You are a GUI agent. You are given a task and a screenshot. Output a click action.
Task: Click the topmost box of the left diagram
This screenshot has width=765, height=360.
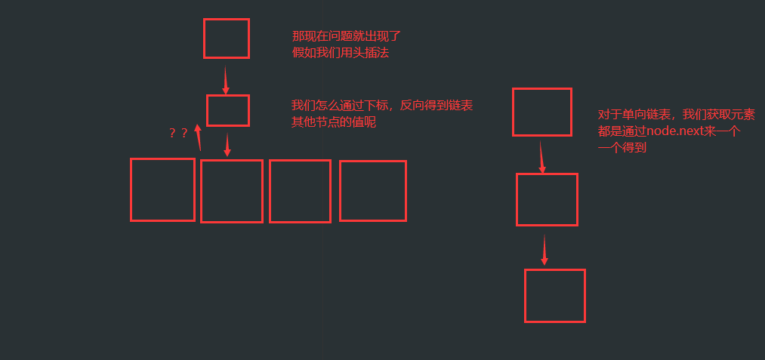pyautogui.click(x=226, y=38)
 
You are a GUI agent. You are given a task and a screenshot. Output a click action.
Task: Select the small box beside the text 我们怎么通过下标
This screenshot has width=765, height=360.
pyautogui.click(x=227, y=110)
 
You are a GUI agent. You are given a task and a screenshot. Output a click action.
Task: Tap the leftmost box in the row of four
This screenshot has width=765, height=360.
pyautogui.click(x=162, y=189)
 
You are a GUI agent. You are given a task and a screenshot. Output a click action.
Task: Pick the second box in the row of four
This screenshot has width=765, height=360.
pyautogui.click(x=232, y=191)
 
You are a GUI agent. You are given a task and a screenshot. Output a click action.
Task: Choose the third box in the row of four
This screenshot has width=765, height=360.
pyautogui.click(x=300, y=191)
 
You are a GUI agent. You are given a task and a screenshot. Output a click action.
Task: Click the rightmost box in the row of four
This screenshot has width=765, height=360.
pyautogui.click(x=373, y=191)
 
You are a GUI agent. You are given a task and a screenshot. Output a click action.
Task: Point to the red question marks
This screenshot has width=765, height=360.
pyautogui.click(x=179, y=134)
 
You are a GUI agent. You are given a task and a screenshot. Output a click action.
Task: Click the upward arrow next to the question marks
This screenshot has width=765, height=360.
pyautogui.click(x=199, y=137)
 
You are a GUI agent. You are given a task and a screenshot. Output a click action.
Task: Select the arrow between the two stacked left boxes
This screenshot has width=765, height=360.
pyautogui.click(x=225, y=79)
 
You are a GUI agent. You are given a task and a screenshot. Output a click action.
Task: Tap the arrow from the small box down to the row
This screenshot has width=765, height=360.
pyautogui.click(x=227, y=144)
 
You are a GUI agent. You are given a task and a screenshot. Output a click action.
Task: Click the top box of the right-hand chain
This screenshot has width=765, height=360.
pyautogui.click(x=542, y=112)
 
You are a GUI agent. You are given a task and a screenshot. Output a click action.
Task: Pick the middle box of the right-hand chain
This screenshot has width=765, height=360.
pyautogui.click(x=547, y=199)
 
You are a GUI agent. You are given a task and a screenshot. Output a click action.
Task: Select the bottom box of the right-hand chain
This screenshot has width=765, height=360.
pyautogui.click(x=555, y=295)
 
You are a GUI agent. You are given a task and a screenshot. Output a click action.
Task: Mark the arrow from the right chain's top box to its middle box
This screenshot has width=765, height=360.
pyautogui.click(x=541, y=155)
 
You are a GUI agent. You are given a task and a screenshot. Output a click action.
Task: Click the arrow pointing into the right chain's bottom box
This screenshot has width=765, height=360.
pyautogui.click(x=544, y=249)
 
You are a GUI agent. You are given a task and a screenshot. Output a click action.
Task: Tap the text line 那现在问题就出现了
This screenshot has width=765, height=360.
pyautogui.click(x=346, y=35)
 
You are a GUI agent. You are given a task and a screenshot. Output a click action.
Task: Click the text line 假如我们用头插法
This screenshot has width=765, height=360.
pyautogui.click(x=341, y=53)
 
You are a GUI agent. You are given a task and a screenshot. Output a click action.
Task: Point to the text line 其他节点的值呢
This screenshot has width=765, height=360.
pyautogui.click(x=334, y=122)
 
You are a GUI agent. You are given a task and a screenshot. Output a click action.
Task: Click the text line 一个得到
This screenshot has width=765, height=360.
pyautogui.click(x=622, y=149)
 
